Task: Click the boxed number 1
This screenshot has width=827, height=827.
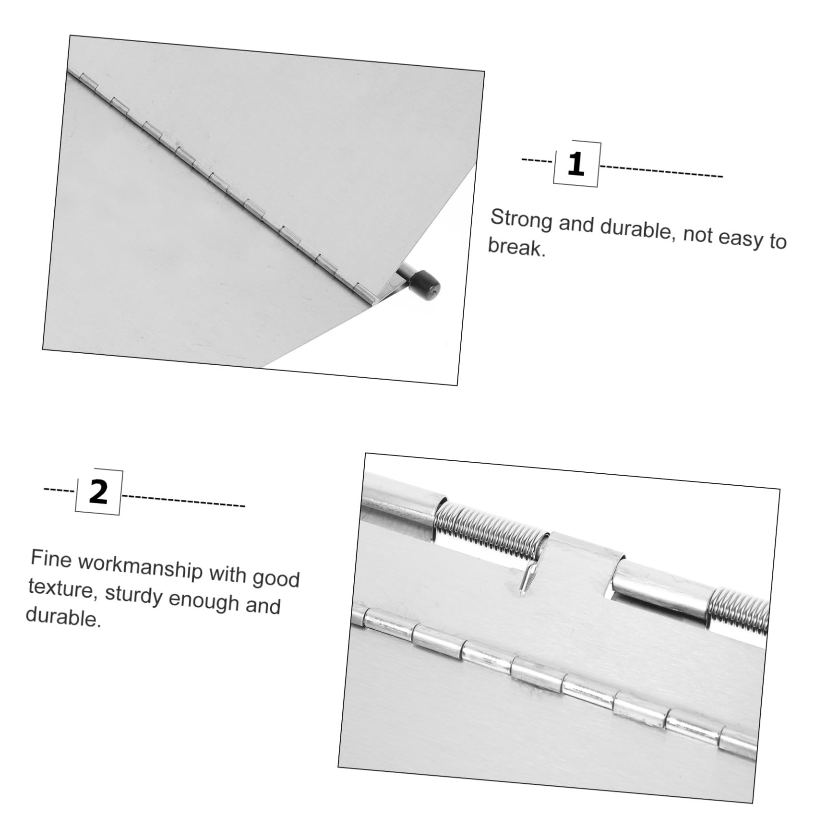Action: (576, 164)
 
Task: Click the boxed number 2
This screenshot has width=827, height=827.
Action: (98, 492)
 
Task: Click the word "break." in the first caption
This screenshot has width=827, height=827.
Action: (517, 248)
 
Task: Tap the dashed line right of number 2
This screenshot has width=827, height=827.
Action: (184, 500)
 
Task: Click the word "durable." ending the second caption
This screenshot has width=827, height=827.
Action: (63, 617)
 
